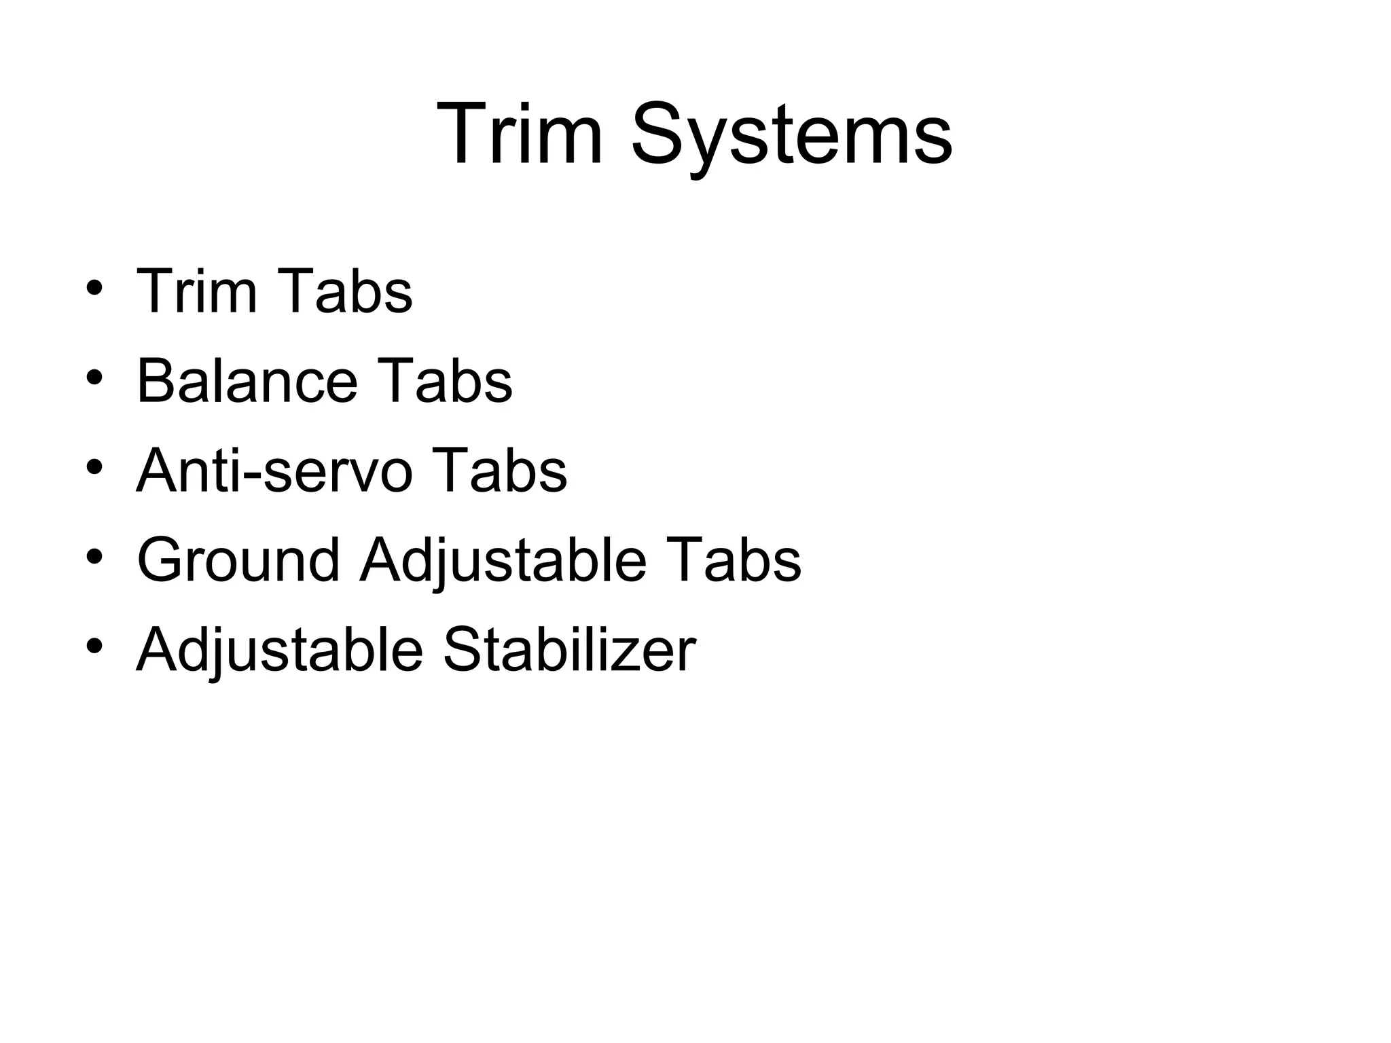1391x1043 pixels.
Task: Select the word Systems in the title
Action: point(791,134)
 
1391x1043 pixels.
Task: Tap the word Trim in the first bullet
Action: point(197,291)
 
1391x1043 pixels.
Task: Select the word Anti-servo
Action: point(274,471)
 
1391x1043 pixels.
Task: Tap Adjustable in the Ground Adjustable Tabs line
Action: point(503,562)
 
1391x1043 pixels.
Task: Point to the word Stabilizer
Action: point(569,650)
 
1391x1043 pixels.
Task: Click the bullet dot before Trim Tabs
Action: point(94,288)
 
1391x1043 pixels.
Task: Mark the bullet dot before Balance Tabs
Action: point(94,378)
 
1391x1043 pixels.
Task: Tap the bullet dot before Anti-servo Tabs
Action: point(94,467)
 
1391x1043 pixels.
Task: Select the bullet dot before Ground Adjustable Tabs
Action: point(94,557)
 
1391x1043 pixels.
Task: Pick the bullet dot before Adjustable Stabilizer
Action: point(94,646)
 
